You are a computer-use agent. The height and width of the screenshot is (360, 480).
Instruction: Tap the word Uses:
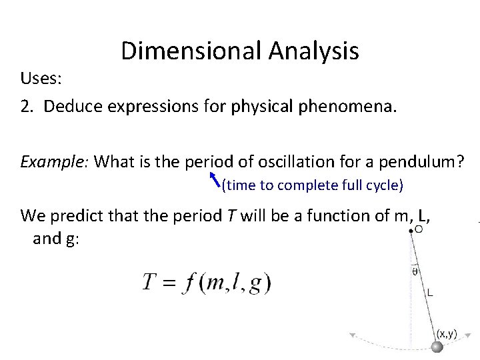(41, 79)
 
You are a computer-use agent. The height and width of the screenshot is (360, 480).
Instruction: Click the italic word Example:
(55, 161)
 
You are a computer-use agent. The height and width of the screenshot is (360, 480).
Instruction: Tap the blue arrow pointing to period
(214, 179)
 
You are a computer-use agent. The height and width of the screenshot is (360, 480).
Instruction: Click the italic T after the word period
(245, 215)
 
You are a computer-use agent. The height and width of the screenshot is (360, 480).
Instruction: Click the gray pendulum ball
(437, 347)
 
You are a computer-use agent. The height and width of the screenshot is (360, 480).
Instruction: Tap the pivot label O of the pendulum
(418, 229)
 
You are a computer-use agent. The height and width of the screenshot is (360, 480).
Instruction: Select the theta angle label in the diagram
(415, 271)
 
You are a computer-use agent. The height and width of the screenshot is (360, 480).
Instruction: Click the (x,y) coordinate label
(447, 333)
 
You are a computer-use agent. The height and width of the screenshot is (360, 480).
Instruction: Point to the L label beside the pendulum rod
(431, 292)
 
